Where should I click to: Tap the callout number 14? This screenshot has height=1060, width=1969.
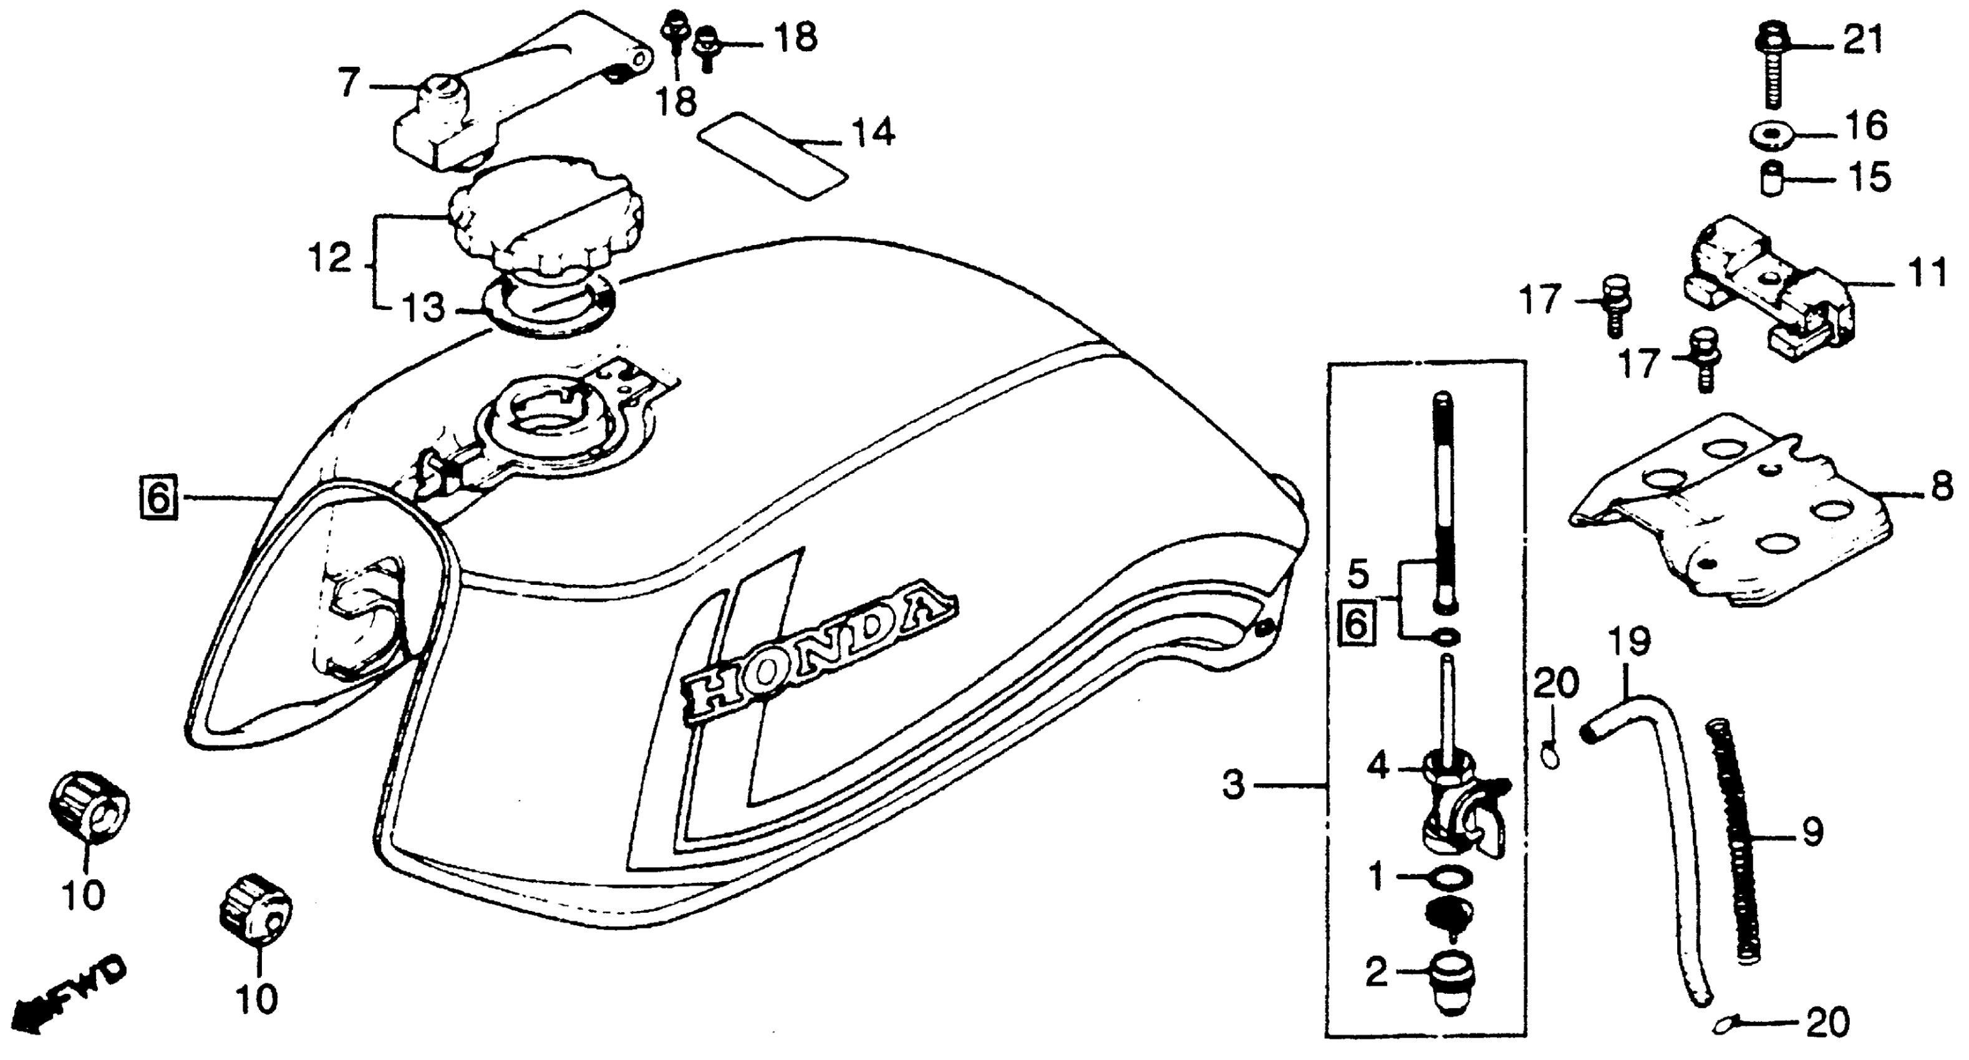(873, 133)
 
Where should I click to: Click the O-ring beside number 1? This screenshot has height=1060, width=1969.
(1441, 877)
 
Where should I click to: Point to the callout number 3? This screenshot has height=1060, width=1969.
(1233, 786)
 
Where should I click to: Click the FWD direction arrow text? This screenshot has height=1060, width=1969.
(72, 997)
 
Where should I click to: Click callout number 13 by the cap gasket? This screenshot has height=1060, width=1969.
(423, 308)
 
